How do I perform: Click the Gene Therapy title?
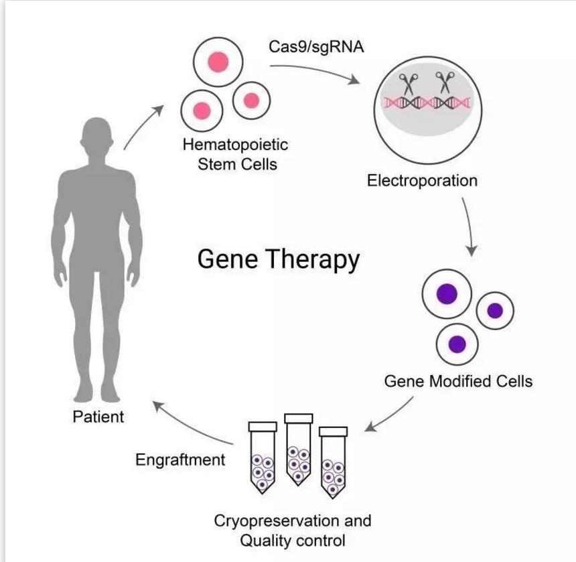click(x=279, y=260)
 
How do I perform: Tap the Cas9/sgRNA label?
click(x=316, y=48)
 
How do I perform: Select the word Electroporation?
click(x=422, y=181)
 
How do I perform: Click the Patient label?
click(x=98, y=417)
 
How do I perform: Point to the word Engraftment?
click(x=180, y=460)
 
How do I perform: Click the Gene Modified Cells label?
click(x=458, y=381)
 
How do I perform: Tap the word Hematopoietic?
click(x=236, y=145)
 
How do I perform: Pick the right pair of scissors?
click(x=445, y=82)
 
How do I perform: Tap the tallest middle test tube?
click(x=298, y=449)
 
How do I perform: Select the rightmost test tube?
click(x=333, y=462)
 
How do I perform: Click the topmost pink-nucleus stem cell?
click(x=218, y=62)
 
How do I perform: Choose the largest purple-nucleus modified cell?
click(x=447, y=294)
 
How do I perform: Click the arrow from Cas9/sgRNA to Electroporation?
click(x=315, y=70)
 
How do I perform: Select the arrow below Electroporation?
click(x=469, y=226)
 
